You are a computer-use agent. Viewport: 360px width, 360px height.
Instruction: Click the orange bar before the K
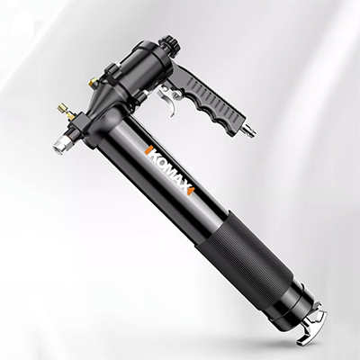[x=147, y=150]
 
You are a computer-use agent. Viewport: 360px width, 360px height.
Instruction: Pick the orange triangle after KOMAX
[x=192, y=190]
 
